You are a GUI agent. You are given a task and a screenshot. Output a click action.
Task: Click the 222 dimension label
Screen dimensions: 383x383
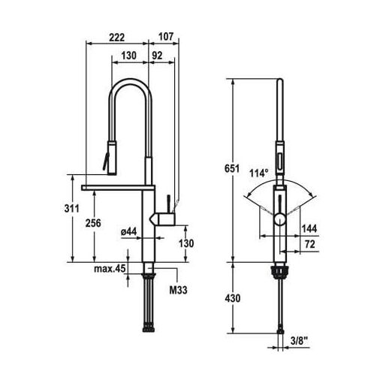(x=116, y=38)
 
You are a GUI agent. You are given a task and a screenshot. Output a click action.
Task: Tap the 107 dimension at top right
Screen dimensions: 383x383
(x=166, y=37)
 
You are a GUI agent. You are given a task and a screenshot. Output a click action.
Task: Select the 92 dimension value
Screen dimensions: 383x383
(x=157, y=56)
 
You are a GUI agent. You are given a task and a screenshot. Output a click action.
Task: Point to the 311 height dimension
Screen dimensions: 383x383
(x=71, y=208)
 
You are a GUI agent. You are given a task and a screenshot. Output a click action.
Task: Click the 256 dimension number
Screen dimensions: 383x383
(x=93, y=223)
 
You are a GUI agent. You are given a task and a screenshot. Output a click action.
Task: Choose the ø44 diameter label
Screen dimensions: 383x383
(x=128, y=232)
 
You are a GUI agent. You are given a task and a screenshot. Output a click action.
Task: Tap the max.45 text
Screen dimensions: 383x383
(x=110, y=269)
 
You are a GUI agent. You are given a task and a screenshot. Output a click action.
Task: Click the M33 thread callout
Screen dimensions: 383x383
(x=178, y=290)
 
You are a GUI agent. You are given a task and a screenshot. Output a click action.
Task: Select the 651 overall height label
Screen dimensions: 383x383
(x=232, y=169)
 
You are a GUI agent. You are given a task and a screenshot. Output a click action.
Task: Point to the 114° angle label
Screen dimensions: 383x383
(x=259, y=173)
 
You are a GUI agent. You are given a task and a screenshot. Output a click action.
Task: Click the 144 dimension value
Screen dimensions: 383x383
(x=309, y=228)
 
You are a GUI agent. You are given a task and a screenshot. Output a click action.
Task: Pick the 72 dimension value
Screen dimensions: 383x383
(x=310, y=244)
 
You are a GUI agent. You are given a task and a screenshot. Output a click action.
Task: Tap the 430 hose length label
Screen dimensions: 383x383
(x=233, y=298)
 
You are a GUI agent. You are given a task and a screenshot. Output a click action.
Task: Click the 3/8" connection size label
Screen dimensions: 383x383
(x=299, y=341)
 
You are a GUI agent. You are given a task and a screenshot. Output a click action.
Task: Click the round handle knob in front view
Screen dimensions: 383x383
(x=279, y=220)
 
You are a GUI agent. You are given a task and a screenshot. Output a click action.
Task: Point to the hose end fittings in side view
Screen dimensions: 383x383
(x=149, y=328)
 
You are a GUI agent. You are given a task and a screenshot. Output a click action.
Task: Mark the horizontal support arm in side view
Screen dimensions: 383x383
(x=118, y=187)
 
